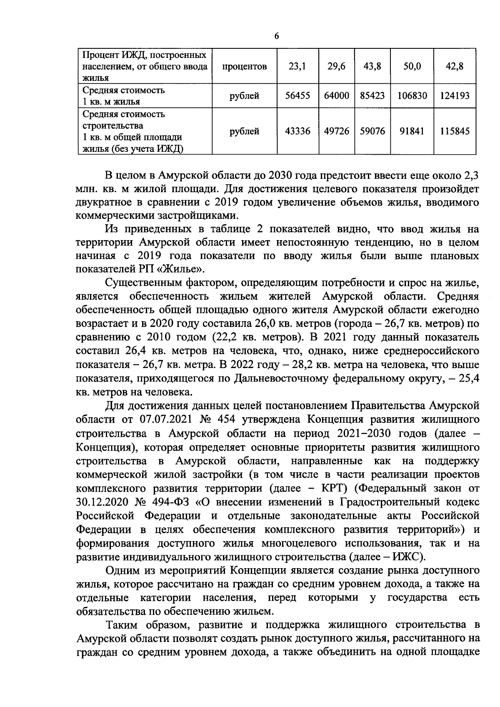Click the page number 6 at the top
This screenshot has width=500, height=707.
click(276, 36)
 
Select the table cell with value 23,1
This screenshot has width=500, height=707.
click(297, 66)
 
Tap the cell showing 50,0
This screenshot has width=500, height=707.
click(412, 66)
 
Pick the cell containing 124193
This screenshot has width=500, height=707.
click(455, 96)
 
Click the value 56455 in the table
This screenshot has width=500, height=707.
click(297, 96)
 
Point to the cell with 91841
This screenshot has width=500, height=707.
click(412, 131)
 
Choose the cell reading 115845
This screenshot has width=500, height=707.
click(455, 131)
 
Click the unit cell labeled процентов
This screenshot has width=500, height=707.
click(244, 66)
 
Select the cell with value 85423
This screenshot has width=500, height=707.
click(372, 96)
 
